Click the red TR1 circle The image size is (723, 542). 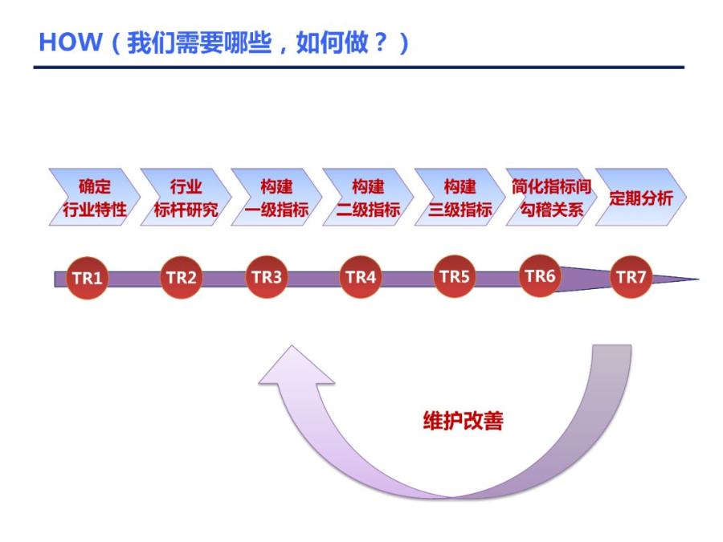coord(87,279)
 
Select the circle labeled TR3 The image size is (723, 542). coord(267,277)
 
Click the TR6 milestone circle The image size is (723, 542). coord(540,276)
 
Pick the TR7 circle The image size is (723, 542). coord(631,278)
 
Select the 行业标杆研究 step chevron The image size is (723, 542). coord(186,198)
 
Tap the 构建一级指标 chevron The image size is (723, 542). coord(276,198)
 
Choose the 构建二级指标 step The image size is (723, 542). coord(368,198)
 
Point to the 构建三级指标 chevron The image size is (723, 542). coord(460,198)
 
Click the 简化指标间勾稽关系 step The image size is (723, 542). coord(550,198)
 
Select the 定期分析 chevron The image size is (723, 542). coord(640,198)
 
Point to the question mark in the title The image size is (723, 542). coord(380,43)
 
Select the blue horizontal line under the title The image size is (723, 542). coord(358,67)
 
